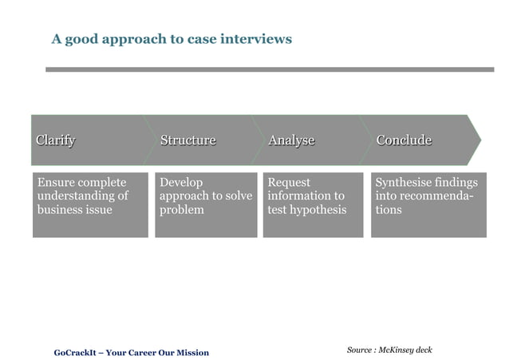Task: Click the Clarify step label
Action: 55,140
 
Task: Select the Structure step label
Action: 187,140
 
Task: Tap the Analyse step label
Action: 291,140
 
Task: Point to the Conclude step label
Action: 404,140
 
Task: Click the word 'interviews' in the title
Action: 257,38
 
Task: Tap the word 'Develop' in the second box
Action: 181,182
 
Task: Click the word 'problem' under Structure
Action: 182,210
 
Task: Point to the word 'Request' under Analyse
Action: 289,182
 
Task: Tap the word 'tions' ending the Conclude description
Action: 389,210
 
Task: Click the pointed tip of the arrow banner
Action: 479,140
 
